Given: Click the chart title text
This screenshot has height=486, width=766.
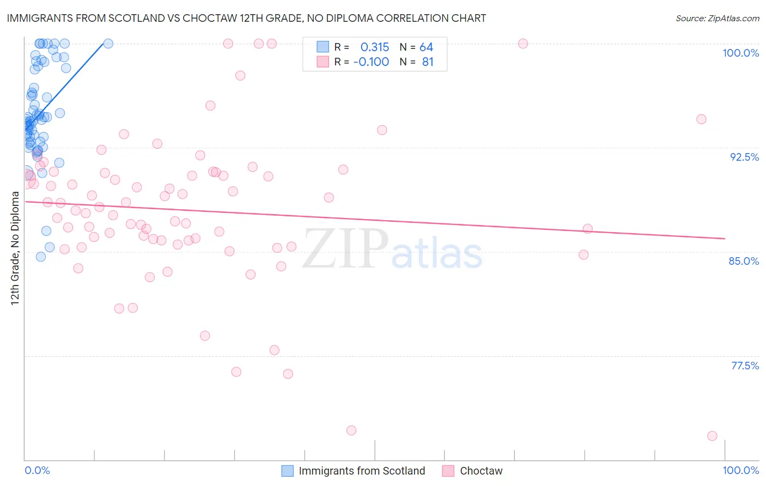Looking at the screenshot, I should pos(246,18).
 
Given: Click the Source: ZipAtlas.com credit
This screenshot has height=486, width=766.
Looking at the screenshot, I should pos(717,18).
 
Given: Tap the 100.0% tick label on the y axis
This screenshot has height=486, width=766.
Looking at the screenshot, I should pos(740,53).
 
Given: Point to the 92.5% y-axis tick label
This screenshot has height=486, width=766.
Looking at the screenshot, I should pos(744,157).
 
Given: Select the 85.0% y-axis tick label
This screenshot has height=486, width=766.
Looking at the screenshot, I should pos(744,261).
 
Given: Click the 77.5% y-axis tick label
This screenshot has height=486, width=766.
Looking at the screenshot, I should pos(745,366).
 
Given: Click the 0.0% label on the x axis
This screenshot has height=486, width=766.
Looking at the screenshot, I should pos(37,470).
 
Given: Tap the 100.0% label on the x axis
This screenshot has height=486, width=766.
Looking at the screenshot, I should pos(740,470).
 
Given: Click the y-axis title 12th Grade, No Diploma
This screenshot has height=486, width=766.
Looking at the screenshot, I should pos(15,248).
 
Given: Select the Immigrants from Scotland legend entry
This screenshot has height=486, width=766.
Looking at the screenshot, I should pos(361,471).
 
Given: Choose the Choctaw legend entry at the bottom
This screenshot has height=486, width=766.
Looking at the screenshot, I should pos(481,471).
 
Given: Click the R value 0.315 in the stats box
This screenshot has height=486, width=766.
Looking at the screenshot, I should pos(375,47).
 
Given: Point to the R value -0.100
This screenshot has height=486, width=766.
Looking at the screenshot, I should pos(371,62).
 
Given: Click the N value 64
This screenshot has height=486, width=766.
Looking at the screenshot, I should pos(426,47).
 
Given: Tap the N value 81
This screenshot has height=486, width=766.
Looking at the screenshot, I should pos(428,62).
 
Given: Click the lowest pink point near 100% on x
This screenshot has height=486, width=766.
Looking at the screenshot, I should pos(712,436).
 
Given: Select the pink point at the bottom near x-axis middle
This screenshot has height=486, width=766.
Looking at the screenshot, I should pos(351,430).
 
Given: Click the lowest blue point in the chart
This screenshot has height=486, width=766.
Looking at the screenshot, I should pos(41,257).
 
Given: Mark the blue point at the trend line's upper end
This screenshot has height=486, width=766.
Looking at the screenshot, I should pos(108,44).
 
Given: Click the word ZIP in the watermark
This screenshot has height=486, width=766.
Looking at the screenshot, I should pos(345,248).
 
